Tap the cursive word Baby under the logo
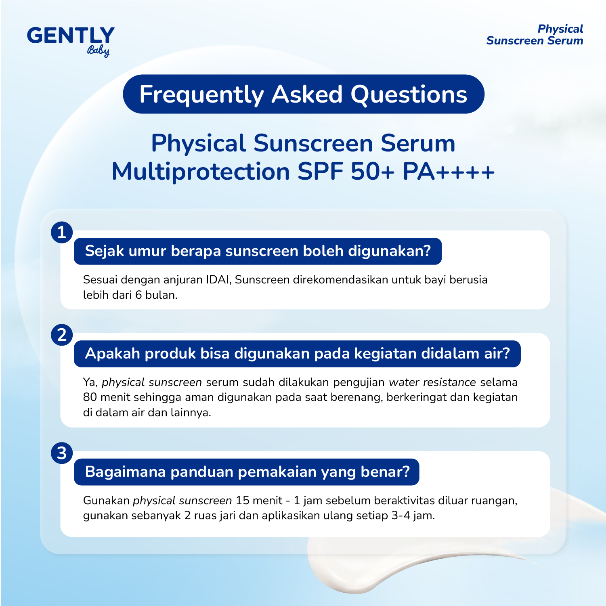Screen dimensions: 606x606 coord(98,51)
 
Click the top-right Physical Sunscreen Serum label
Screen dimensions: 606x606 coord(535,35)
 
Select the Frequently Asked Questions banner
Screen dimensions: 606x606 coord(303,94)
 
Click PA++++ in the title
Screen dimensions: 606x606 coord(448,172)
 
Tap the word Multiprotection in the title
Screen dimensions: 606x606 coord(201,172)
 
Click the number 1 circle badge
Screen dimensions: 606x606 coord(62,233)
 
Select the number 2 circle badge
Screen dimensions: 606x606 coord(62,335)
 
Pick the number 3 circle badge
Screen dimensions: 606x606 coord(62,453)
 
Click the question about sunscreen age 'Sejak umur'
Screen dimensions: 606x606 coord(258,251)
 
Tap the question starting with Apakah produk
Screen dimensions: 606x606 coord(297,354)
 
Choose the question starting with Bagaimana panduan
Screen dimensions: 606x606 coord(247,472)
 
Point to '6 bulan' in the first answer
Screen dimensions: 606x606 coord(156,295)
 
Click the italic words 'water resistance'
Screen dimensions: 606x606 coord(432,382)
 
